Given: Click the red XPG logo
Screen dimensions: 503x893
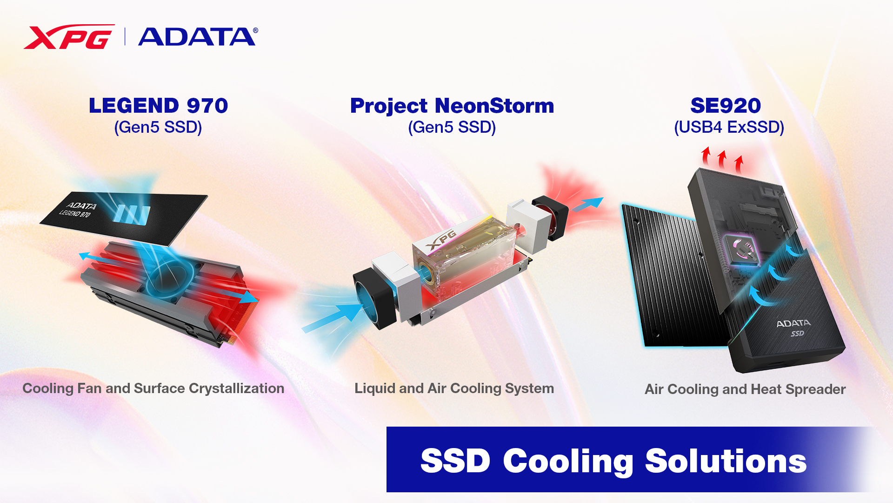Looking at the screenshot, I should tap(68, 37).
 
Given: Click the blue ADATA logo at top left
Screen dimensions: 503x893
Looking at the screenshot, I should tap(197, 37).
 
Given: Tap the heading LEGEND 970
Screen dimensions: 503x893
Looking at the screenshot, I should tap(158, 106).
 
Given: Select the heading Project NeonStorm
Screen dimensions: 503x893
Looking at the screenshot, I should tap(452, 106).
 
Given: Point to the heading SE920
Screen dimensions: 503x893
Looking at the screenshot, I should tap(725, 106).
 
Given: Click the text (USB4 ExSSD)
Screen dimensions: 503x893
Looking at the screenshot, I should tap(729, 127).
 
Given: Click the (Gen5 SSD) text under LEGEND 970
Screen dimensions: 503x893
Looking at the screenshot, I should tap(158, 127).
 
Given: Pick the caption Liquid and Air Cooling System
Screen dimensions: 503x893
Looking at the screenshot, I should tap(454, 388).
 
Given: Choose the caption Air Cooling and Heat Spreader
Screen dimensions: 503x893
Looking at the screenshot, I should tap(745, 389).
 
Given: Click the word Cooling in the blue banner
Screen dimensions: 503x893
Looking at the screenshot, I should tap(568, 461).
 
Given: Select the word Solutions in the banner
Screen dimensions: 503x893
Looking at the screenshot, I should tap(726, 461).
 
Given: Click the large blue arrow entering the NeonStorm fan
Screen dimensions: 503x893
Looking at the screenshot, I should tap(333, 317).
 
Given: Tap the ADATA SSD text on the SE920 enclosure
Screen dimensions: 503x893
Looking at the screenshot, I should tap(793, 327).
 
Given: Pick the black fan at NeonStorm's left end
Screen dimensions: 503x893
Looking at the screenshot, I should tap(372, 298).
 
